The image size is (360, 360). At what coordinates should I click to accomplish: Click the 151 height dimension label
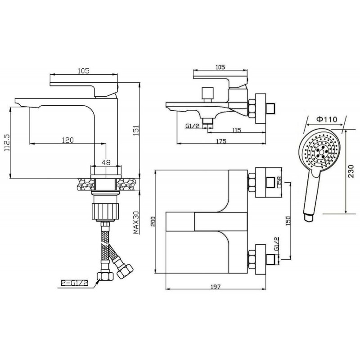click(x=136, y=130)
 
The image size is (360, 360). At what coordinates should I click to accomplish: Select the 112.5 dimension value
click(x=7, y=142)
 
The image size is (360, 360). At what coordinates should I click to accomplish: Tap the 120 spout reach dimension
click(x=68, y=139)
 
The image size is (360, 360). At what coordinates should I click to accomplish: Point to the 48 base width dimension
click(x=106, y=162)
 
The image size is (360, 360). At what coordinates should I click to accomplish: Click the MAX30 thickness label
click(x=136, y=222)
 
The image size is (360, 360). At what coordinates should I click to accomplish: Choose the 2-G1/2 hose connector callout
click(x=74, y=283)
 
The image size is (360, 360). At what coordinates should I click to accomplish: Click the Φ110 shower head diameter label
click(x=327, y=119)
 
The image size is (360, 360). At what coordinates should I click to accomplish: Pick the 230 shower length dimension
click(x=351, y=171)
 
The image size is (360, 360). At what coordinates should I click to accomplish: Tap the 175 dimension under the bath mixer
click(x=221, y=141)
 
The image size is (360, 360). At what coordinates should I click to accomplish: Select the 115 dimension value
click(x=237, y=130)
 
